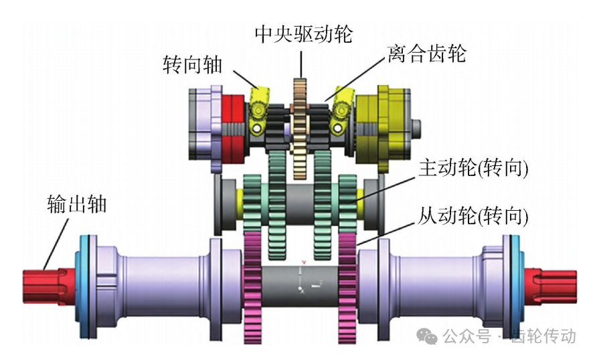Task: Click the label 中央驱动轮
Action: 304,34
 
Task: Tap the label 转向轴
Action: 192,64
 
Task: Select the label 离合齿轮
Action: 426,54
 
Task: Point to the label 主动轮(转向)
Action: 473,168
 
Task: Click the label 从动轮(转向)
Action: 473,216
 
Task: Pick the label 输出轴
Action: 77,203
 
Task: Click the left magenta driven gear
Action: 252,288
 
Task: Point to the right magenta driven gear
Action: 347,288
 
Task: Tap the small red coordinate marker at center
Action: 304,262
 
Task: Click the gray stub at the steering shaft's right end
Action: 416,128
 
